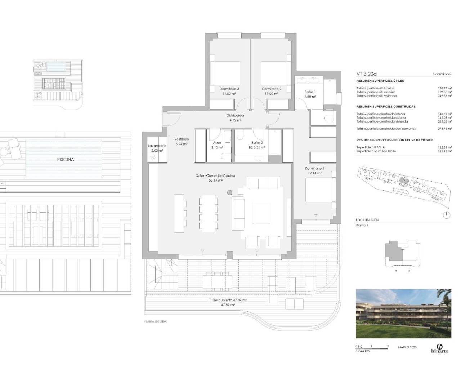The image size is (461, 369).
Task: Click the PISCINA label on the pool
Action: click(65, 159)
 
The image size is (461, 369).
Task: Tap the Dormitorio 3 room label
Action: click(229, 89)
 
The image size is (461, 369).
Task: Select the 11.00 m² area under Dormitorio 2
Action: click(272, 94)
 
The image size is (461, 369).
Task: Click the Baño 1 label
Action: click(310, 92)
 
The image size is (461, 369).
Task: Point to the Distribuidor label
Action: click(235, 116)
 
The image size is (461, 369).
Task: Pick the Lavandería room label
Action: click(157, 146)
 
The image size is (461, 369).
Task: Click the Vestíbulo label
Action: click(182, 139)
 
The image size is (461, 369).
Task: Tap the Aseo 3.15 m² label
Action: click(217, 145)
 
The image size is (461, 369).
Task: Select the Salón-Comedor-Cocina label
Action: click(215, 175)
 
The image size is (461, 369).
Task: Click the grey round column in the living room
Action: click(230, 193)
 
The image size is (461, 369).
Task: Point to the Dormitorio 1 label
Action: click(314, 168)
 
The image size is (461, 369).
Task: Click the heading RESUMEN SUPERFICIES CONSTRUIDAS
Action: click(386, 107)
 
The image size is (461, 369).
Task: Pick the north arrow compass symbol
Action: click(446, 215)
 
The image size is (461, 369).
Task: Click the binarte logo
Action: click(439, 348)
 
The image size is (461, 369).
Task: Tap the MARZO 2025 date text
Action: click(407, 347)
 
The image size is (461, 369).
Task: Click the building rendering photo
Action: click(403, 314)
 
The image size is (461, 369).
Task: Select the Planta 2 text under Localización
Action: click(362, 225)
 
